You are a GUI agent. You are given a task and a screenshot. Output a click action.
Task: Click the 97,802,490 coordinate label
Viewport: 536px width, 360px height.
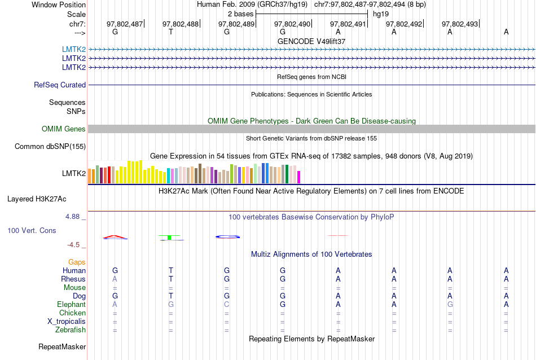coord(292,24)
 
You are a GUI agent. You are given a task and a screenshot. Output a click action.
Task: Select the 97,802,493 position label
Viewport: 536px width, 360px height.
coord(460,24)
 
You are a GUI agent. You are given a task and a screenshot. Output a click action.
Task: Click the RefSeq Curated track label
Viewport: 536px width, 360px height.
coord(60,85)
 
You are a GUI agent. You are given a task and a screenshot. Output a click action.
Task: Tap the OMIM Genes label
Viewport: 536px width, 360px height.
coord(64,129)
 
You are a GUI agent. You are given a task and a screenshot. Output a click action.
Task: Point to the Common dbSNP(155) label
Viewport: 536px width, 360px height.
coord(50,147)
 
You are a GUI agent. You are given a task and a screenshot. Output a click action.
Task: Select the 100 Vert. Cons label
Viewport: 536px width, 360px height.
coord(32,231)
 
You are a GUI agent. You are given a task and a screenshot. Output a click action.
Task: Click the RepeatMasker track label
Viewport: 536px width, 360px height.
coord(62,346)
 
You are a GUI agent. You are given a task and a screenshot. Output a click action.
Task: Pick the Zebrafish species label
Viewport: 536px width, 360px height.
coord(71,330)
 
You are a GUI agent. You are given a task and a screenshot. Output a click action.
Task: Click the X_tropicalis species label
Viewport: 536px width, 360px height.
coord(67,322)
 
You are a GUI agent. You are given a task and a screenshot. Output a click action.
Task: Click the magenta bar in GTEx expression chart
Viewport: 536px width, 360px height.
coord(299,177)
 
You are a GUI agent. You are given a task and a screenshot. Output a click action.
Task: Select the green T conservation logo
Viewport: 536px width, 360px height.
coord(169,238)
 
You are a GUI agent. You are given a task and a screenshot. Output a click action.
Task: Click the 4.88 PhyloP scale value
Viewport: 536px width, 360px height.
coord(76,217)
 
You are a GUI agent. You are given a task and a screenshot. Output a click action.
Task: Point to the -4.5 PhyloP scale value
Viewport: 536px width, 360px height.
coord(77,245)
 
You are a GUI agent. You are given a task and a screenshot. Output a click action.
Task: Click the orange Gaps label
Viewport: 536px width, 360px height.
coord(77,262)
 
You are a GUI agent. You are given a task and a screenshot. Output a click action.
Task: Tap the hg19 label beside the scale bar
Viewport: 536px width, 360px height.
coord(381,14)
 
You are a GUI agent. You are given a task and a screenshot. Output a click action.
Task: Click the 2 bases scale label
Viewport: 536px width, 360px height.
coord(240,14)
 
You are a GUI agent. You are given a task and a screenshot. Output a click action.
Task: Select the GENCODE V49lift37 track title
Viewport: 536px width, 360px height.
coord(311,41)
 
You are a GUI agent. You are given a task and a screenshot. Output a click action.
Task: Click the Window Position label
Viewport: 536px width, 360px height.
coord(59,5)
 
